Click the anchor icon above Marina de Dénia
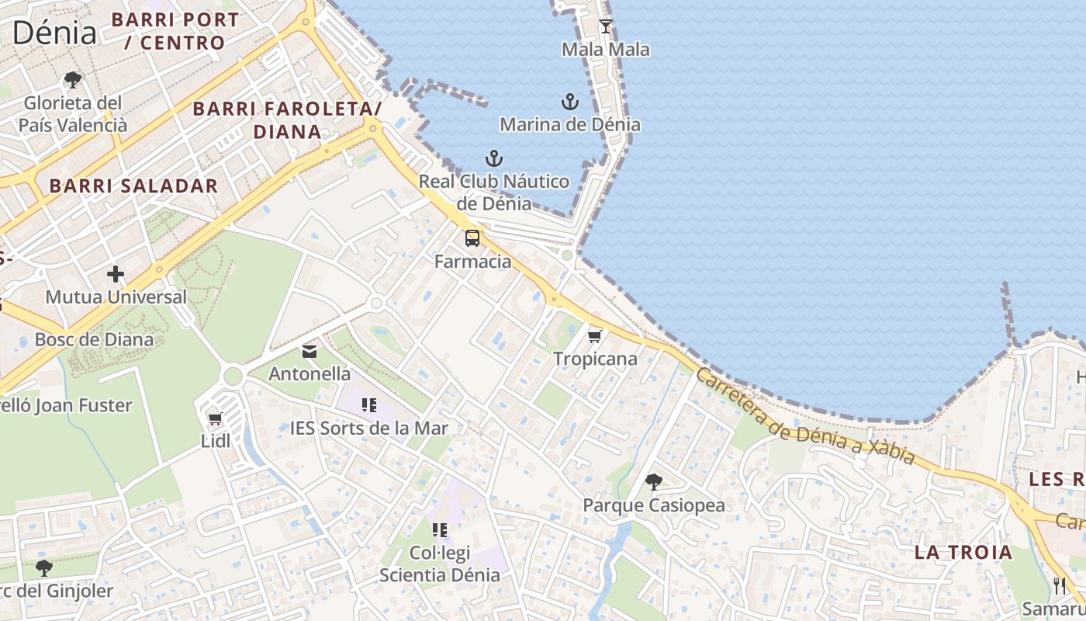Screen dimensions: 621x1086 click(570, 102)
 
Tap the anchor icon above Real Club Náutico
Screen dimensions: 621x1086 click(494, 159)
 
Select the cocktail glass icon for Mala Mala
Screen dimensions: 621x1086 click(606, 26)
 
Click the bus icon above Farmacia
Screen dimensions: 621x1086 click(472, 238)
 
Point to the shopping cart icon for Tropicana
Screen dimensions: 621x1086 click(595, 336)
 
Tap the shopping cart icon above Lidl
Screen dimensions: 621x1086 click(216, 419)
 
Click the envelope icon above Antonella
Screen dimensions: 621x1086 click(310, 352)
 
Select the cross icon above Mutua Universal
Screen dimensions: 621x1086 click(116, 274)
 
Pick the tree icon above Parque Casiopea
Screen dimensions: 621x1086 click(654, 482)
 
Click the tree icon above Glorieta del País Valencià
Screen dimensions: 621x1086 click(73, 80)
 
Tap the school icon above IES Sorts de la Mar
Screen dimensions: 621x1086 click(369, 404)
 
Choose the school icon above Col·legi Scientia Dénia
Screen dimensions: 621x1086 click(440, 530)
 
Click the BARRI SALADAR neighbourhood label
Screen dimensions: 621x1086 click(133, 186)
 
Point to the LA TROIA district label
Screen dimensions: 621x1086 click(963, 553)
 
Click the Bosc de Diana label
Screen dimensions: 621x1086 click(94, 340)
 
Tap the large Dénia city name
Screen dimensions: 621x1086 click(54, 33)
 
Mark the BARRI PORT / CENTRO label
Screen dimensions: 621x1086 click(175, 31)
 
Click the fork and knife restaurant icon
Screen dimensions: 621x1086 click(1060, 586)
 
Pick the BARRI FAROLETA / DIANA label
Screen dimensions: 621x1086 click(288, 120)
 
